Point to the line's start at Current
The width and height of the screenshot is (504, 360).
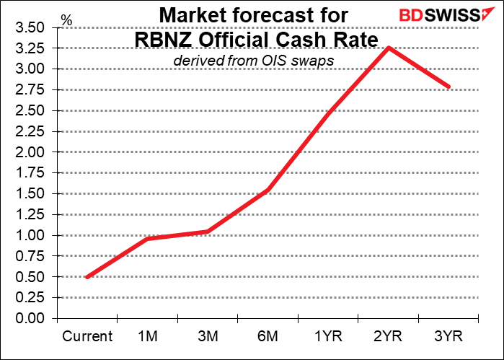click(x=87, y=277)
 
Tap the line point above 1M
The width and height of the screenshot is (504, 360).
click(x=148, y=239)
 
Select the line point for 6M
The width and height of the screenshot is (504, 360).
click(x=268, y=190)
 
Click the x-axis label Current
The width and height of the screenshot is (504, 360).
click(x=87, y=336)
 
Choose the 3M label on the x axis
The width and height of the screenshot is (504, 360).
click(x=208, y=336)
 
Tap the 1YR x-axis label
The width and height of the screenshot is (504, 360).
click(x=328, y=336)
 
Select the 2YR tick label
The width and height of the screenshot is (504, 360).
click(x=389, y=336)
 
